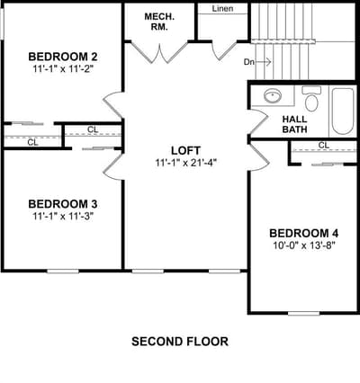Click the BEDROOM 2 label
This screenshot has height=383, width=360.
pyautogui.click(x=63, y=57)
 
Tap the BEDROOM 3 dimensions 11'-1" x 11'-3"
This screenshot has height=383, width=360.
pyautogui.click(x=63, y=216)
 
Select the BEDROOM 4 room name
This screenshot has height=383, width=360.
pyautogui.click(x=304, y=233)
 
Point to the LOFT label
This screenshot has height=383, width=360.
pyautogui.click(x=185, y=150)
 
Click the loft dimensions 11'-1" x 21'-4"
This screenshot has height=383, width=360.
pyautogui.click(x=185, y=163)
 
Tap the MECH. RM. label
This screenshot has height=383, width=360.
pyautogui.click(x=159, y=22)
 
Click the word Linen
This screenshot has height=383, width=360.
pyautogui.click(x=222, y=9)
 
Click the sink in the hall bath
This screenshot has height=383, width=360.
pyautogui.click(x=273, y=96)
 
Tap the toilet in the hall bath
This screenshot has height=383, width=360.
pyautogui.click(x=311, y=99)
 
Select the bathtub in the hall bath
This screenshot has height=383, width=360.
pyautogui.click(x=343, y=111)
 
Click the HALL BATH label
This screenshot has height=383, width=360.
pyautogui.click(x=294, y=124)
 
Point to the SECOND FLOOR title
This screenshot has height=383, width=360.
pyautogui.click(x=180, y=342)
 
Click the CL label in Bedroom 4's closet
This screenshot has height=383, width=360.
pyautogui.click(x=323, y=146)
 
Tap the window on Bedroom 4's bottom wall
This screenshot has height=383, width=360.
pyautogui.click(x=303, y=314)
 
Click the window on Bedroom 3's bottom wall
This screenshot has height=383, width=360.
pyautogui.click(x=63, y=272)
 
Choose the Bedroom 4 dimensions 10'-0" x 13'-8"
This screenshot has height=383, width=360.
pyautogui.click(x=304, y=245)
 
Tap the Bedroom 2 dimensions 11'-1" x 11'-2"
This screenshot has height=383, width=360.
pyautogui.click(x=63, y=69)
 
